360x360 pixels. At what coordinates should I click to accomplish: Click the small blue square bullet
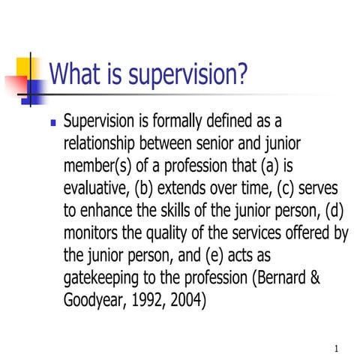pos(52,121)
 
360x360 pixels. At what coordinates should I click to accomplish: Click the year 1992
pos(156,300)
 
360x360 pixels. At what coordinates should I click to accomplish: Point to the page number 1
pos(337,348)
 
